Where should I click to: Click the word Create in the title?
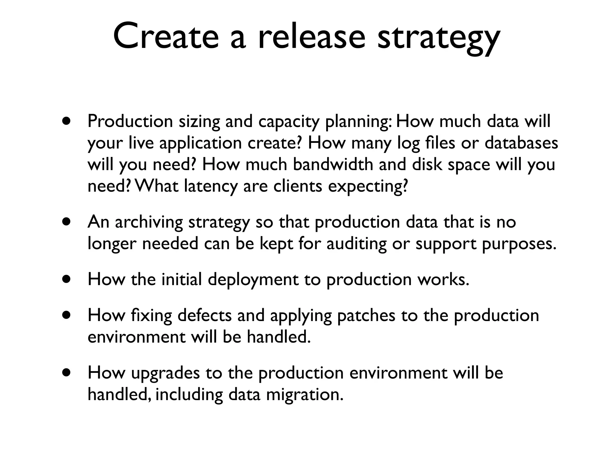coord(166,37)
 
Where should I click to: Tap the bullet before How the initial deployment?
coord(66,280)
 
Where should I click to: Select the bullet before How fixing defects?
coord(66,316)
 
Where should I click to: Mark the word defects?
coord(204,316)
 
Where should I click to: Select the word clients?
coord(298,186)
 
